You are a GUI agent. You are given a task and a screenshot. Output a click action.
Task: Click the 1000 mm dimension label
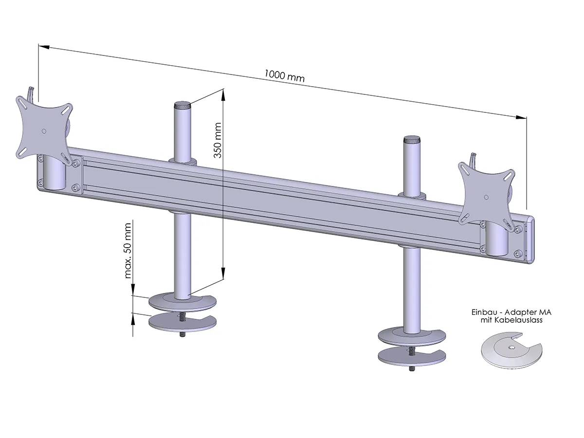(x=285, y=75)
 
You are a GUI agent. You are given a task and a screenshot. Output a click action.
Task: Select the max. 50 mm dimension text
(x=128, y=250)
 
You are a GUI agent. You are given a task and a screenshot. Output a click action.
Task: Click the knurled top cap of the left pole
(x=182, y=105)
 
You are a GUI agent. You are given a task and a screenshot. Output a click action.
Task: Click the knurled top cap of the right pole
(x=412, y=139)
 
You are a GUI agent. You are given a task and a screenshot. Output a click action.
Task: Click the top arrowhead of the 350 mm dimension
(x=223, y=93)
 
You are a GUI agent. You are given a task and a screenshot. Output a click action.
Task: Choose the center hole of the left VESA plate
(x=44, y=130)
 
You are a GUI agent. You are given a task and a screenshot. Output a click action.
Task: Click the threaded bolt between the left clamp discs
(x=182, y=317)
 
